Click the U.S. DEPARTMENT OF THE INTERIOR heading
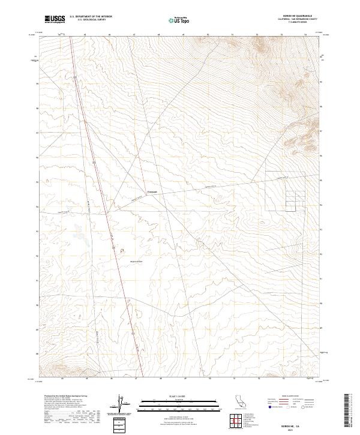click(90, 17)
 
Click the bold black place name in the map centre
click(152, 193)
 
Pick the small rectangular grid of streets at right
click(286, 192)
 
